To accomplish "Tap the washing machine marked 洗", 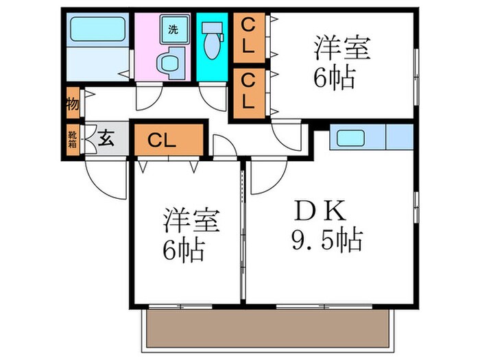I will point(173,30).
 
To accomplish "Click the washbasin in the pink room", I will point(167,64).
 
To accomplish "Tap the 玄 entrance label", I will point(107,140).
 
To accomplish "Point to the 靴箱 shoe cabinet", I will point(73,140).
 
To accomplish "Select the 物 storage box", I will point(73,105).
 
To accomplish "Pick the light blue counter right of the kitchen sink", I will point(400,137).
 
